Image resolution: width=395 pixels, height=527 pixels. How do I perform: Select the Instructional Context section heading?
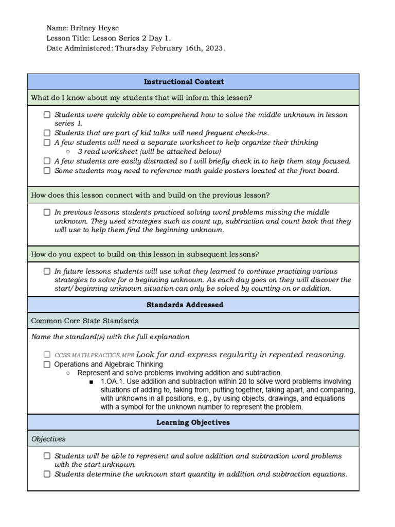click(184, 82)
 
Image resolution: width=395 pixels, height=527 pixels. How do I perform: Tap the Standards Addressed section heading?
click(185, 305)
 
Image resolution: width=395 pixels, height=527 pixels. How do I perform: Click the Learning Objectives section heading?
click(193, 423)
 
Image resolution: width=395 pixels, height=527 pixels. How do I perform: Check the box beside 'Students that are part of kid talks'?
click(47, 133)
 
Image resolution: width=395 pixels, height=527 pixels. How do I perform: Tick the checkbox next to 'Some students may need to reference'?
click(47, 170)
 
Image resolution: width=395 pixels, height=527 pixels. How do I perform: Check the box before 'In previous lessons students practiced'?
click(47, 212)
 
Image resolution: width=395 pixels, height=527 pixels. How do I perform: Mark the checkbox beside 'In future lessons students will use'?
click(47, 271)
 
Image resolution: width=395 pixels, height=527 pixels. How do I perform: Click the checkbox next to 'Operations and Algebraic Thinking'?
click(47, 364)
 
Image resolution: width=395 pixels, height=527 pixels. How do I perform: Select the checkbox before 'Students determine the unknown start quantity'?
click(47, 475)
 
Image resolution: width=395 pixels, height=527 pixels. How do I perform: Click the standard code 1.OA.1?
click(111, 382)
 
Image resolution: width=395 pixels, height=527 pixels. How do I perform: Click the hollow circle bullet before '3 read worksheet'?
click(68, 152)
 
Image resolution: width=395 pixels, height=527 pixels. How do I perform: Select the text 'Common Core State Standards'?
click(84, 321)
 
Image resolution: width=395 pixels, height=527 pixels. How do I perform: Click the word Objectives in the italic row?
click(48, 439)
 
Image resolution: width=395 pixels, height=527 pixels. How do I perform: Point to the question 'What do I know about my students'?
click(141, 98)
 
